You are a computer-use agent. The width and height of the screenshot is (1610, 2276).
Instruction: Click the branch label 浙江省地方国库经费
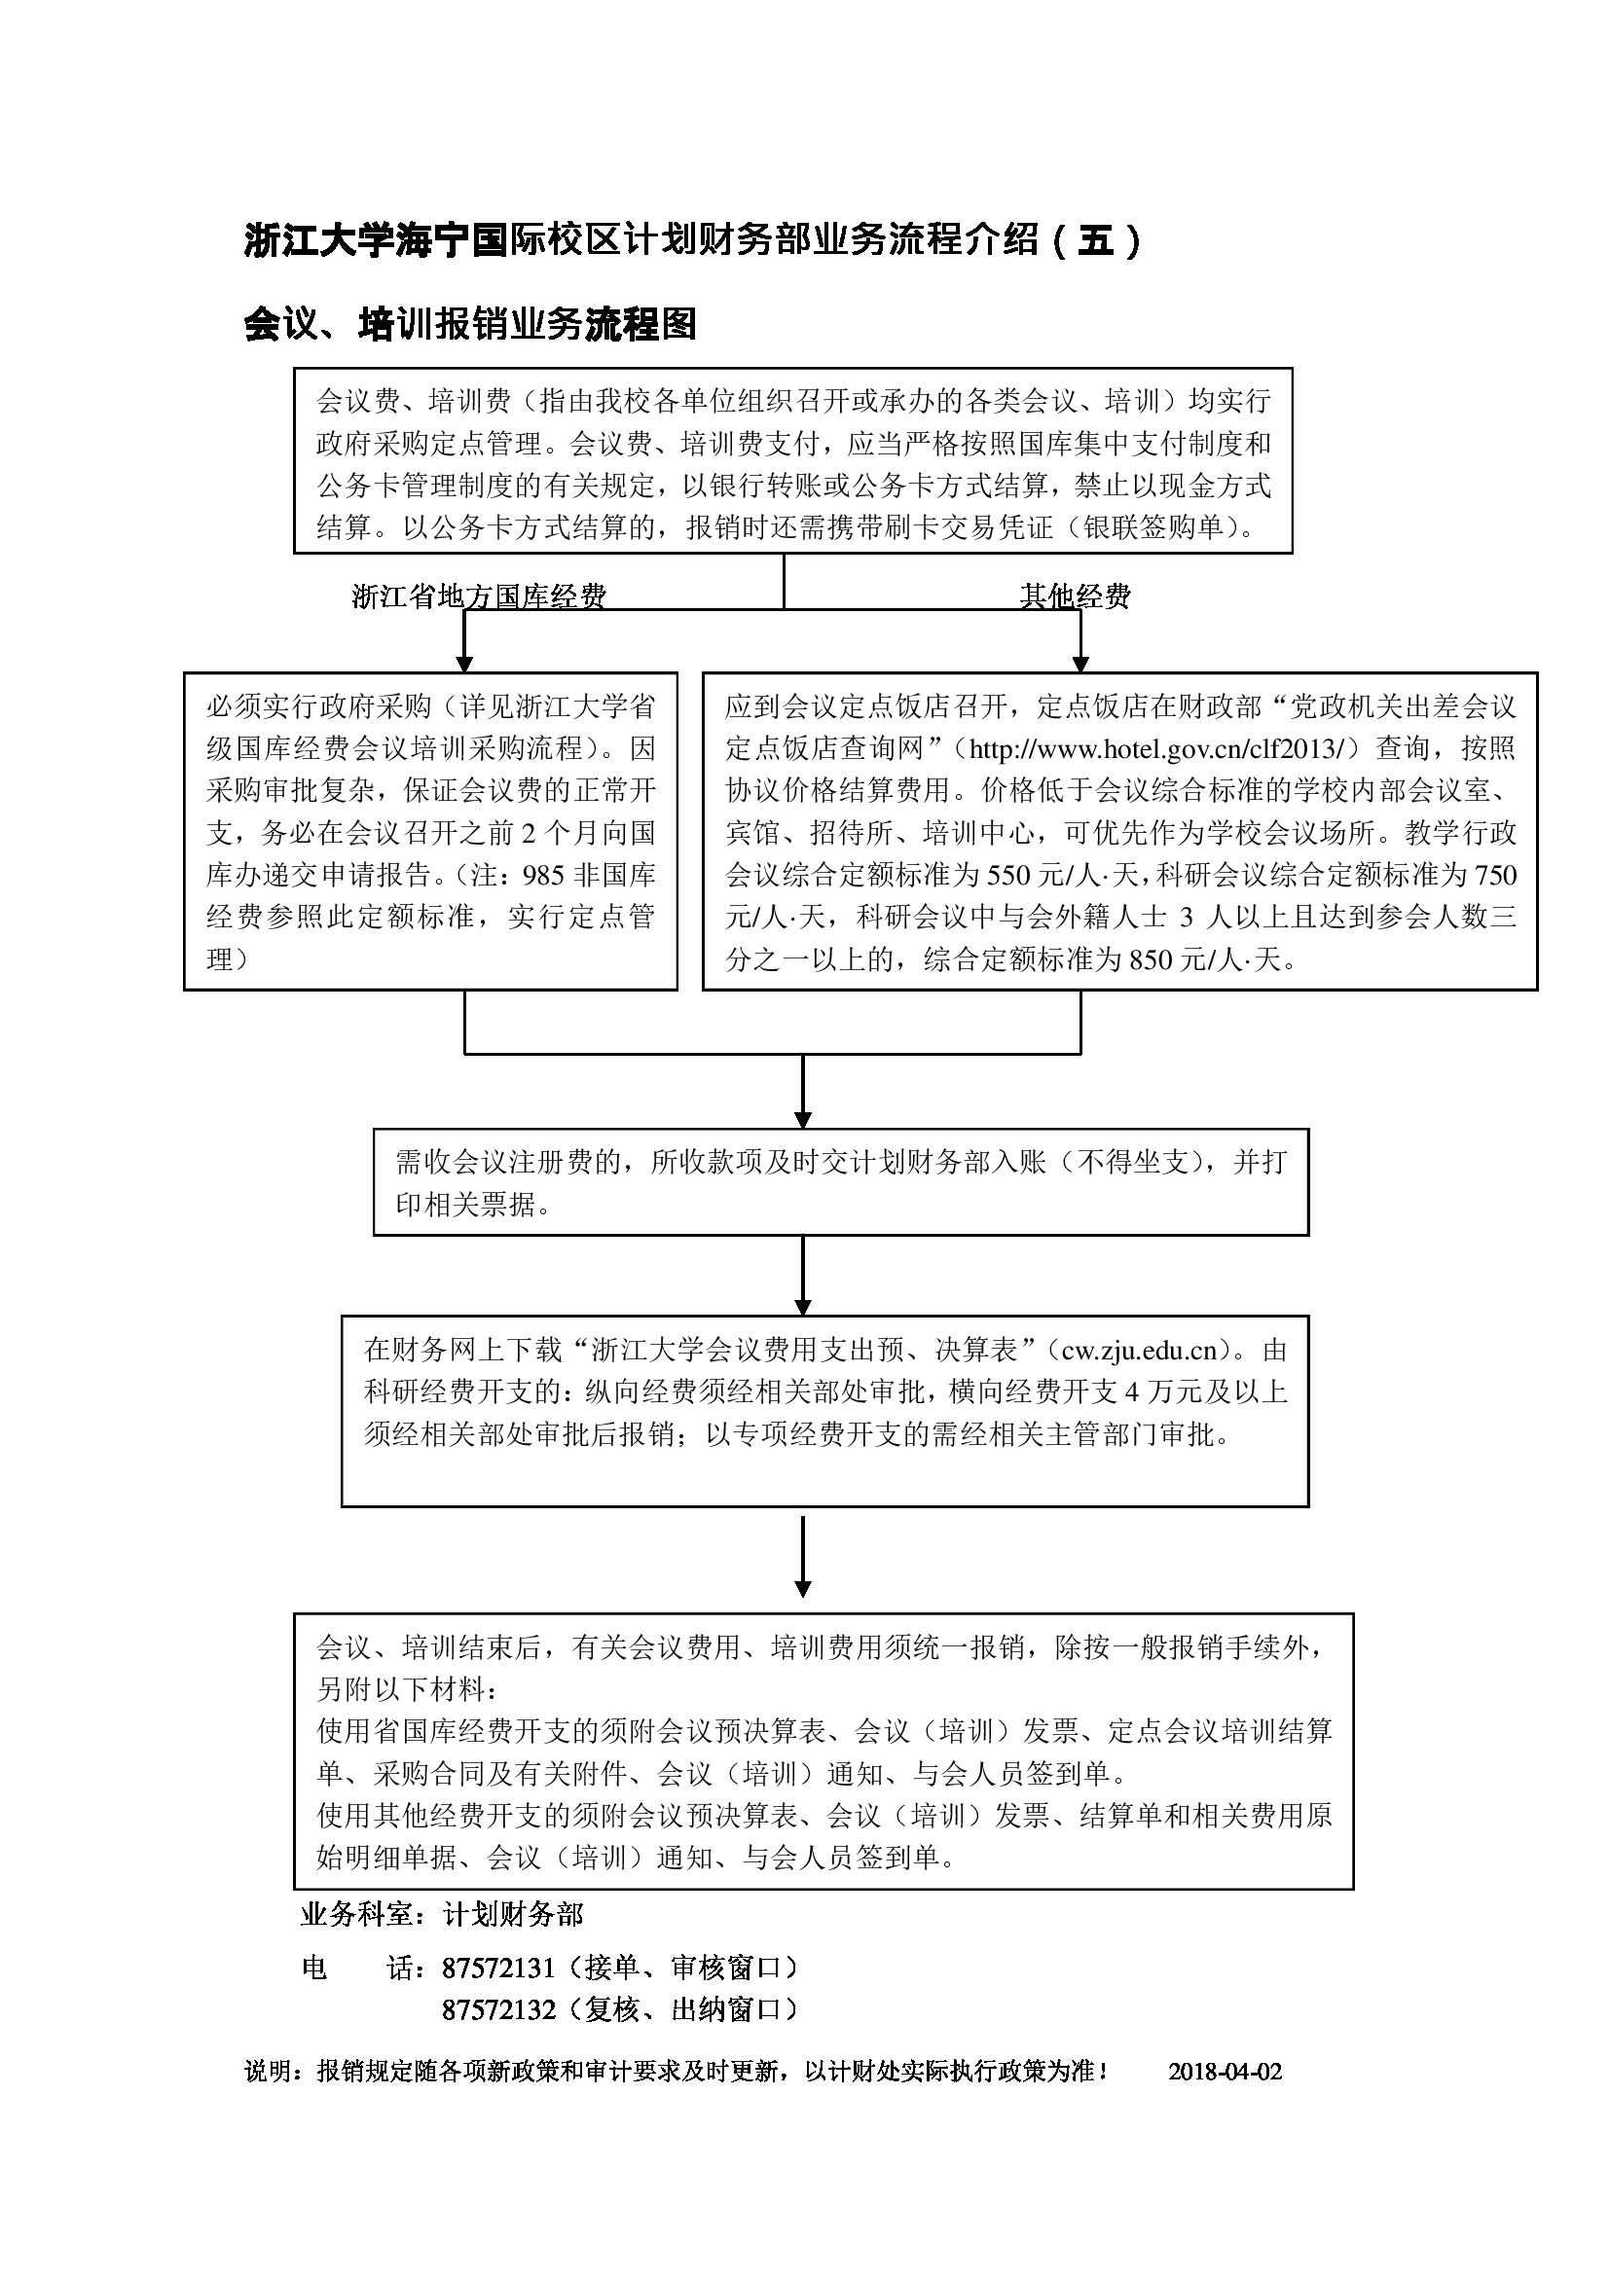pyautogui.click(x=479, y=596)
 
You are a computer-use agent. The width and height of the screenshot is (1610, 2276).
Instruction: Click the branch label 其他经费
pyautogui.click(x=1076, y=596)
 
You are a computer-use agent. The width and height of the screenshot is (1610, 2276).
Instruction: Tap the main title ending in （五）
pyautogui.click(x=693, y=241)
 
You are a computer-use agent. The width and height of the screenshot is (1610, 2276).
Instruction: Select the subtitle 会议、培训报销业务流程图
pyautogui.click(x=470, y=324)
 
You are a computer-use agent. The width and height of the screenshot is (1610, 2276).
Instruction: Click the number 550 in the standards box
pyautogui.click(x=1008, y=876)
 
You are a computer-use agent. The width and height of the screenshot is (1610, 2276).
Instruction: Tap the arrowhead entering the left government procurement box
pyautogui.click(x=465, y=664)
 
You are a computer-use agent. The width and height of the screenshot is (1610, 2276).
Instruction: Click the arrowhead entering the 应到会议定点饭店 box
pyautogui.click(x=1080, y=664)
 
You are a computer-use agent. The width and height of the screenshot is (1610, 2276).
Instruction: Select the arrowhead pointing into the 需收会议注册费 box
pyautogui.click(x=803, y=1119)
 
